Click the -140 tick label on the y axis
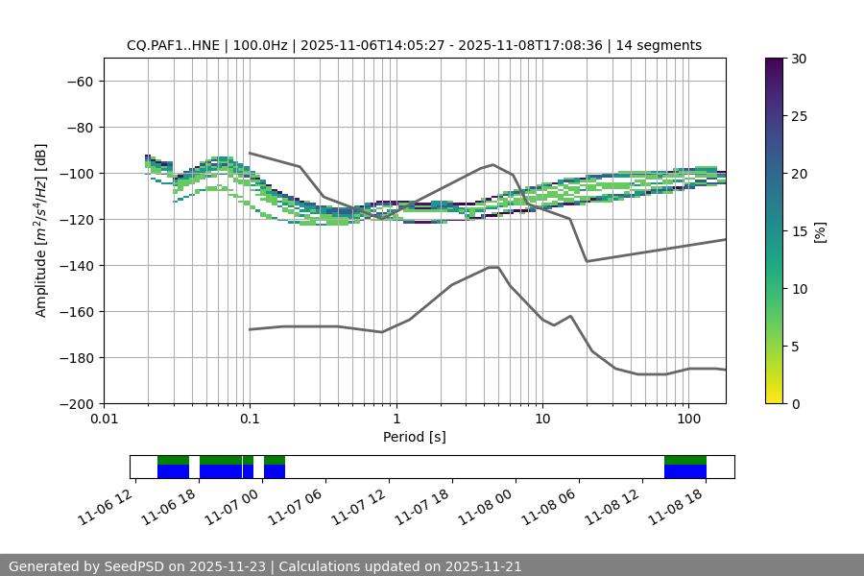78,265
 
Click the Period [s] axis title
415,437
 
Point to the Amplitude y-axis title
41,230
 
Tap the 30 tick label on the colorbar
798,59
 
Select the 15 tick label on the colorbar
798,230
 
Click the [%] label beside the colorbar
820,230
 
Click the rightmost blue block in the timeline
685,471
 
